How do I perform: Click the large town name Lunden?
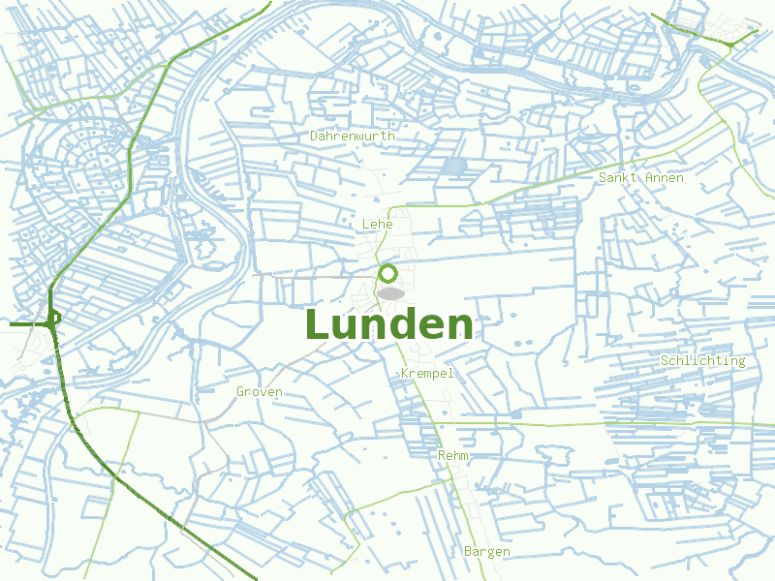tap(389, 325)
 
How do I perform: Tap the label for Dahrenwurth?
tap(353, 137)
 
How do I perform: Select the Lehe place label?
tap(377, 224)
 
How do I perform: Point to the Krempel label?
tap(426, 373)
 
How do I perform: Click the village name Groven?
tap(260, 392)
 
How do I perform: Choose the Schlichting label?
tap(703, 361)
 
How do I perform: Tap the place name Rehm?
tap(453, 455)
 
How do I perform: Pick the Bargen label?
tap(486, 552)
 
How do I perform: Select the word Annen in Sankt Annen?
tap(664, 178)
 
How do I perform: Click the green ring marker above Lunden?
tap(388, 273)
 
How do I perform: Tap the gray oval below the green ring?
tap(390, 293)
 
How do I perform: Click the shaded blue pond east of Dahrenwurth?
tap(453, 168)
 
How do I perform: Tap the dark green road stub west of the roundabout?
tap(24, 325)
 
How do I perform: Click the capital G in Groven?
tap(241, 392)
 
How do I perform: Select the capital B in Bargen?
tap(469, 552)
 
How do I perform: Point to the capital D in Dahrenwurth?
tap(315, 137)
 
